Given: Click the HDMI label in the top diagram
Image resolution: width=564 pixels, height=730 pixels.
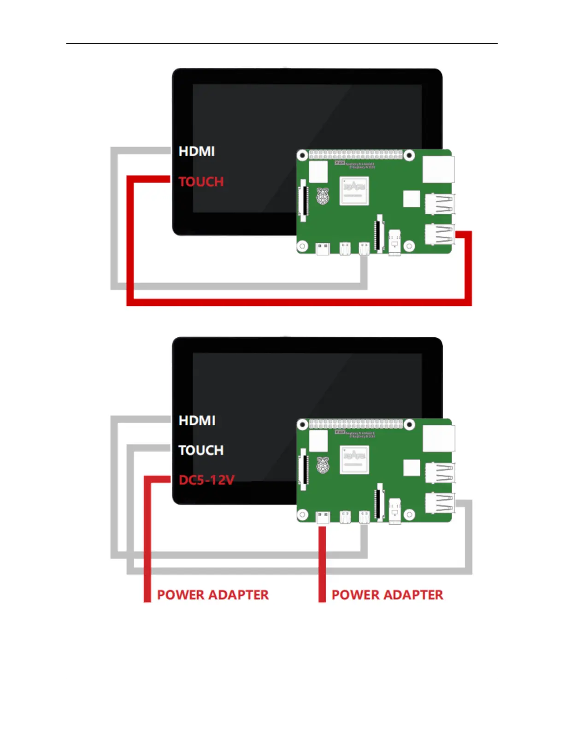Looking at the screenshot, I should [x=197, y=151].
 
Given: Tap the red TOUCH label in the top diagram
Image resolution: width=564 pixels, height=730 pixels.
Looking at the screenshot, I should [x=201, y=182].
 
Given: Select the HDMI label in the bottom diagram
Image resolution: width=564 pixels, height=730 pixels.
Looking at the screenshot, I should [x=197, y=420].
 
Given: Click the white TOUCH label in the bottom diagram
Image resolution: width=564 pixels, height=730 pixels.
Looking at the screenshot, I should [x=201, y=450].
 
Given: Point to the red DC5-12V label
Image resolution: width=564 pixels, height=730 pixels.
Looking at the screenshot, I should [x=206, y=480].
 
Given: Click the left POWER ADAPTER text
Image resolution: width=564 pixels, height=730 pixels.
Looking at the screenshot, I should [x=213, y=595].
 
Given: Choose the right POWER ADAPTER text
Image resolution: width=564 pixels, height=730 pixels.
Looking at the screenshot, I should [x=388, y=595].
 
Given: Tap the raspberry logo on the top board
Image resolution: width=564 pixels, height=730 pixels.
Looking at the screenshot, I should [x=323, y=197].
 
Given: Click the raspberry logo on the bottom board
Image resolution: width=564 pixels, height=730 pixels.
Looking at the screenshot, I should [x=323, y=465].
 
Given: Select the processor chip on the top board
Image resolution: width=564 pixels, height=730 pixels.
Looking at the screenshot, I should [x=354, y=190].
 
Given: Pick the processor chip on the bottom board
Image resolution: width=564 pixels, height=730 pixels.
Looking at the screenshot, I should [x=354, y=459].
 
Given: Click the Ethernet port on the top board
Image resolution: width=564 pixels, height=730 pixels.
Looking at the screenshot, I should [x=438, y=169].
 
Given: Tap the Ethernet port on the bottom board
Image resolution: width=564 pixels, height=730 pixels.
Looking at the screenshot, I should [x=438, y=438].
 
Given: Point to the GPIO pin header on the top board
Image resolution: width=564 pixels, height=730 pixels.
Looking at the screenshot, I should [x=355, y=155].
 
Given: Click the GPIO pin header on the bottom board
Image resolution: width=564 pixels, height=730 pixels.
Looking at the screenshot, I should [x=355, y=424].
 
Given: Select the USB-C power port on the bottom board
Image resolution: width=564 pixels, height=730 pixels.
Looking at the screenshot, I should [x=323, y=518].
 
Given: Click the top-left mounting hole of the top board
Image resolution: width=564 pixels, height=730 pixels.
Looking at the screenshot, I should [x=302, y=156].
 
